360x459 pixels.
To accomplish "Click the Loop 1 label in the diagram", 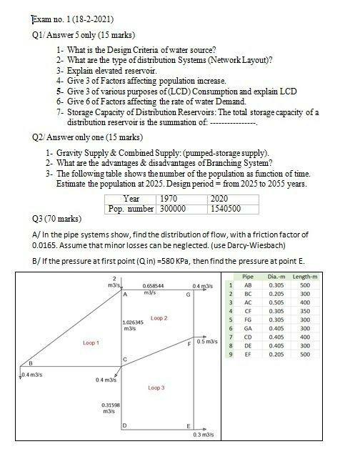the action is pos(91,343).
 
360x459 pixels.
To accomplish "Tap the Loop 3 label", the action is pos(156,388).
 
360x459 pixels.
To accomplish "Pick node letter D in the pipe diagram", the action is pos(124,427).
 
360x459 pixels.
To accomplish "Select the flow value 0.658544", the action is pos(154,285).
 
